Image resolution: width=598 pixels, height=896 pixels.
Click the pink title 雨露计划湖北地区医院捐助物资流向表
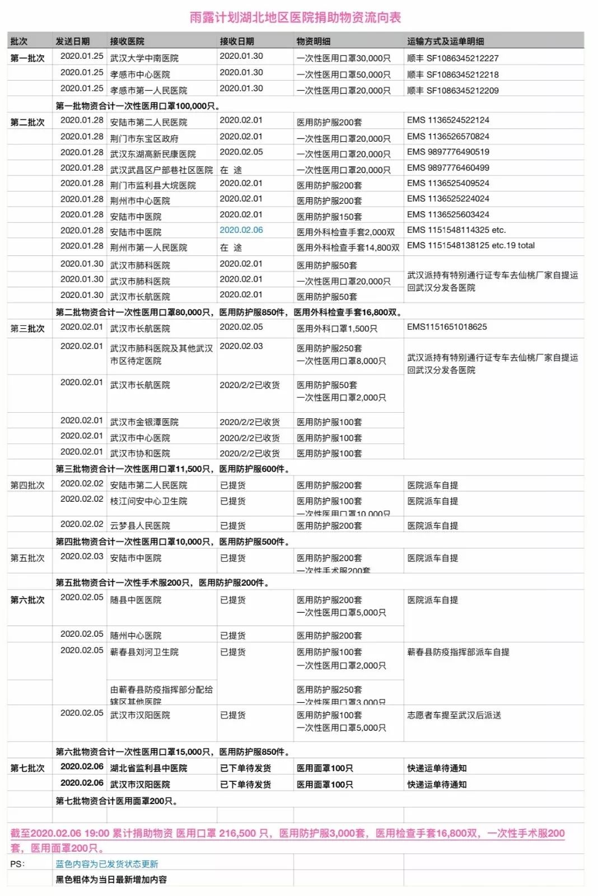pos(295,17)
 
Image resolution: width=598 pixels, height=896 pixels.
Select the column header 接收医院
pos(127,41)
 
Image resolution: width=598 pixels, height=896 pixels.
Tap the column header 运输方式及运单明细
pos(445,41)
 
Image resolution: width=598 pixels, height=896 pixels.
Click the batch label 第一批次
pos(27,58)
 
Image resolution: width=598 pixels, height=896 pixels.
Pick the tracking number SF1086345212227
pos(452,58)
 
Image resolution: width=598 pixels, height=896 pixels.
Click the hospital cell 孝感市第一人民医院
pos(148,90)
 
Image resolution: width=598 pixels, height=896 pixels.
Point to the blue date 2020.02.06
pos(241,230)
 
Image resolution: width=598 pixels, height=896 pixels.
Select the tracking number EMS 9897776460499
pos(448,167)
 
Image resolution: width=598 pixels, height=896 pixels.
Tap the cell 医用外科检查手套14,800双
pos(348,247)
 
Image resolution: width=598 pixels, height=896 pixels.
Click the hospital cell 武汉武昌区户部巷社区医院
pos(161,170)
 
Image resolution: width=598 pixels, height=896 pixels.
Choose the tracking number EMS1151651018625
pos(447,327)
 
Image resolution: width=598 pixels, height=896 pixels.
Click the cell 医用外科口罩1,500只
pos(337,329)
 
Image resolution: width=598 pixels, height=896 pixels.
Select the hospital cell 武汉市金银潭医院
pos(144,422)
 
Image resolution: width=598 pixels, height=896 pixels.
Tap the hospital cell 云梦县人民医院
pos(140,525)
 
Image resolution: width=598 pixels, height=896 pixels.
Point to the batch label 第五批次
pos(27,558)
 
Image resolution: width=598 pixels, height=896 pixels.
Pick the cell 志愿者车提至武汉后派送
pos(454,715)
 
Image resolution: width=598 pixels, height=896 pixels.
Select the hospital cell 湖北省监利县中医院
pos(148,768)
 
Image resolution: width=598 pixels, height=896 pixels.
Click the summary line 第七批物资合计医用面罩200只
pos(116,801)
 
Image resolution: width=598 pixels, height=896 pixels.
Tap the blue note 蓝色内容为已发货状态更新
pos(106,864)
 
